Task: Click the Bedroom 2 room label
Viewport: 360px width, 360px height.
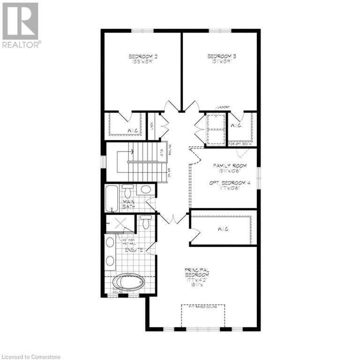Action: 143,57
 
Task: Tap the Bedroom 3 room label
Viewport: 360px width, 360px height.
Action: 222,57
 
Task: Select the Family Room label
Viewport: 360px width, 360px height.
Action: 228,166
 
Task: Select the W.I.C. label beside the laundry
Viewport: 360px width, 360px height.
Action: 235,125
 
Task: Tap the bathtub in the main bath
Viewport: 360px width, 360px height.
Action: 112,198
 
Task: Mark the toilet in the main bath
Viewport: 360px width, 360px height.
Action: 127,190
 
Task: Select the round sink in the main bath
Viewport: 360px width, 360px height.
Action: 145,190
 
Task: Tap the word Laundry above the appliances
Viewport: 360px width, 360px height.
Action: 222,108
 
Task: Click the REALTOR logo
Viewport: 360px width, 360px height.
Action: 21,25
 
